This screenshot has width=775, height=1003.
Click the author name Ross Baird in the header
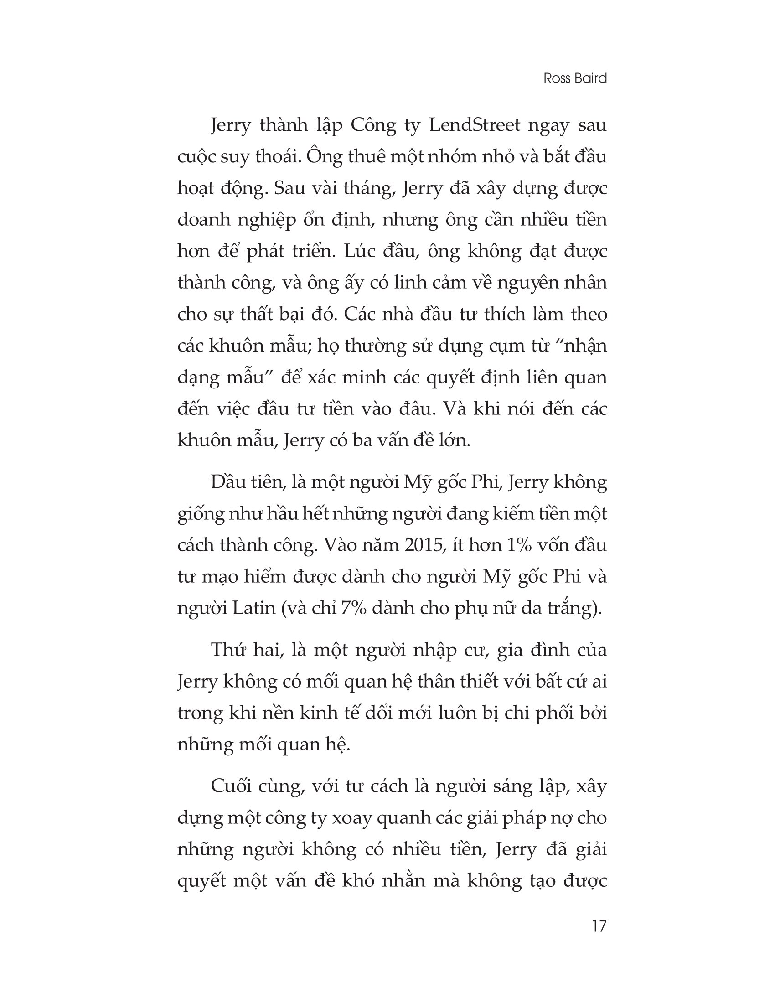575,78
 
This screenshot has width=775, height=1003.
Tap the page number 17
599,926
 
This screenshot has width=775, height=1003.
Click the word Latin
253,608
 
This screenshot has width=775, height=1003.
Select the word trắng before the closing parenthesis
572,608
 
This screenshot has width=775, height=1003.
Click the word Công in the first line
373,125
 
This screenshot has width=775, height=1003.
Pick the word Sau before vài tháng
289,188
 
